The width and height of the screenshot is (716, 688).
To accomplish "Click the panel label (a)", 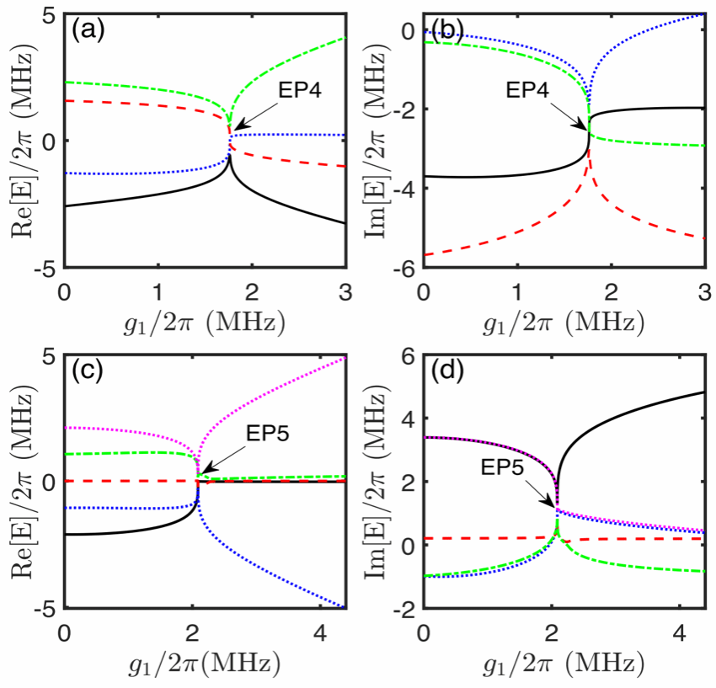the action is point(88,31).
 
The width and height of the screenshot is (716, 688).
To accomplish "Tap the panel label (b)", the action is point(447,31).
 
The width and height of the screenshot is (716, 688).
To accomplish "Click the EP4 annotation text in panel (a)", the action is point(300,90).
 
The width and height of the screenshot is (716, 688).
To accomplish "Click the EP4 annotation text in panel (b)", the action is point(527,90).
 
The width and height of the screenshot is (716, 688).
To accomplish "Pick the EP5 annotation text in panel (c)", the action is point(268,433).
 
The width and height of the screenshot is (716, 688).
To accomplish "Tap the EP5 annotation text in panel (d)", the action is point(502,467).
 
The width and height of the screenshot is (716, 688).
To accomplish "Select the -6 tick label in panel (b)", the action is point(403,269).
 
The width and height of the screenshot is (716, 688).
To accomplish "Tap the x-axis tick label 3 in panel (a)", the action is point(345,292).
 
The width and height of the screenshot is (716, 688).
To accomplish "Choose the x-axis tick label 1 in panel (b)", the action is point(517,292).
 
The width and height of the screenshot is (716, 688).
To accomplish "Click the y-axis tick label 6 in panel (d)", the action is point(409,355).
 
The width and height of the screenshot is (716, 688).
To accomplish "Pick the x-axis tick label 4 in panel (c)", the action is point(322,633).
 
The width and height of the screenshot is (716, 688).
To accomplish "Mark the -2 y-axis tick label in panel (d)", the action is point(403,609).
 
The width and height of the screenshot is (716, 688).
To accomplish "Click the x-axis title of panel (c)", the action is point(204,664).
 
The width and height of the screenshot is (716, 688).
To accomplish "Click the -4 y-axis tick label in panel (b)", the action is point(403,188).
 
